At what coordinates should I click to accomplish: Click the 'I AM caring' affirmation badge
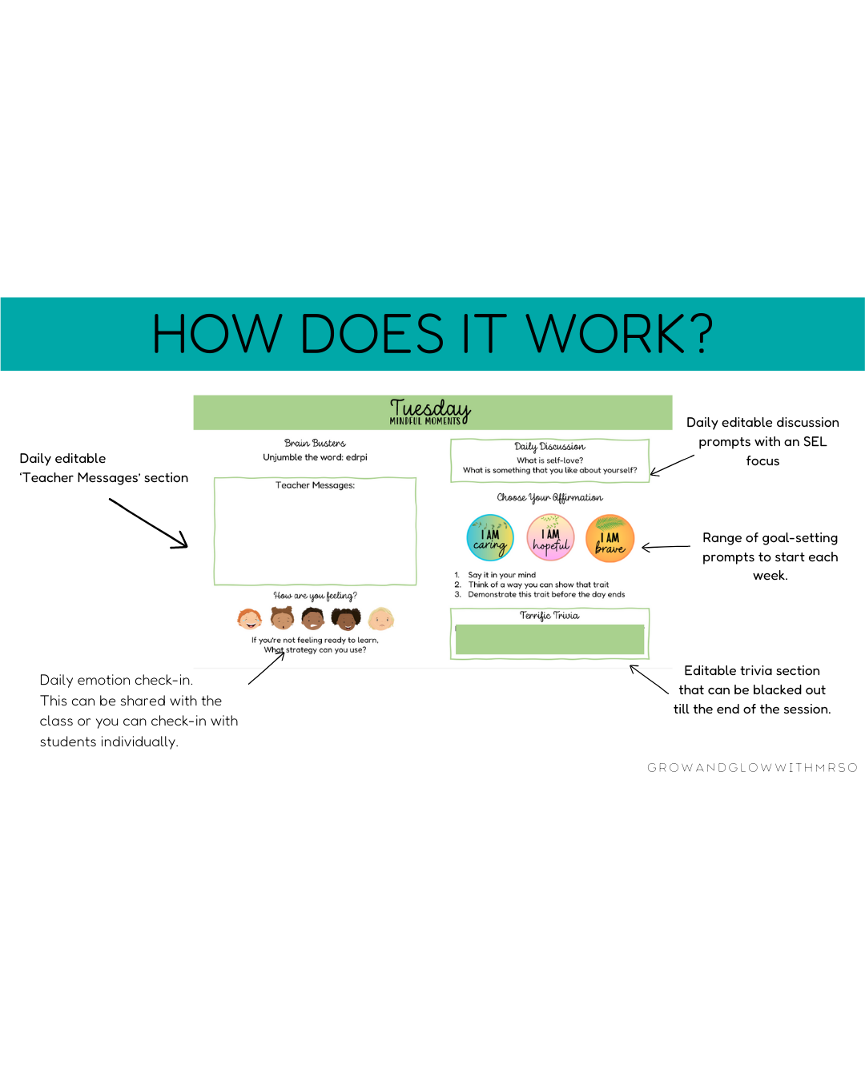click(x=490, y=537)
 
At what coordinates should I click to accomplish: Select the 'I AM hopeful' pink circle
click(x=550, y=537)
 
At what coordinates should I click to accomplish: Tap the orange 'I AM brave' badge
click(x=610, y=538)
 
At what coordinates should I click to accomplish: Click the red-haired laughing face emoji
click(x=249, y=618)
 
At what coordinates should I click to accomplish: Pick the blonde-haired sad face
click(x=381, y=618)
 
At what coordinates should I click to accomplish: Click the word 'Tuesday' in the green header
click(x=430, y=408)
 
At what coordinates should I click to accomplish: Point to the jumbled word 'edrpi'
click(x=356, y=457)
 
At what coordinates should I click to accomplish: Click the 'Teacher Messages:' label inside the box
click(x=315, y=485)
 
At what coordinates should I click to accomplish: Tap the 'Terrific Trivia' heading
click(x=549, y=616)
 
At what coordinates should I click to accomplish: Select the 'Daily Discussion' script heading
click(x=549, y=447)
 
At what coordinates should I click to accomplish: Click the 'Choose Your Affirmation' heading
click(x=549, y=498)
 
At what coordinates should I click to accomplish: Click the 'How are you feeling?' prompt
click(x=315, y=596)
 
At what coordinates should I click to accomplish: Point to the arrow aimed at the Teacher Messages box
click(x=149, y=524)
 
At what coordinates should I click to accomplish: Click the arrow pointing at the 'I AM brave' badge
click(x=666, y=548)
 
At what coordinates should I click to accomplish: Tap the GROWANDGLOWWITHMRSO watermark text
click(x=752, y=768)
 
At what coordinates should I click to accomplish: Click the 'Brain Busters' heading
click(x=315, y=443)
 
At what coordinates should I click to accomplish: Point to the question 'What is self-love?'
click(x=549, y=460)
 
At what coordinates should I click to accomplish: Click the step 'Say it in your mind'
click(x=501, y=575)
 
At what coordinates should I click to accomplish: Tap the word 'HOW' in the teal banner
click(x=217, y=334)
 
